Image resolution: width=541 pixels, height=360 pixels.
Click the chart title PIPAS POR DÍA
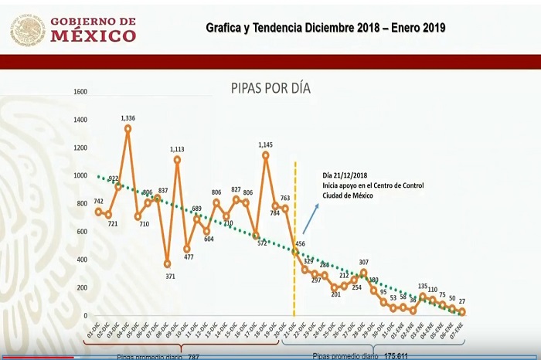tap(270, 89)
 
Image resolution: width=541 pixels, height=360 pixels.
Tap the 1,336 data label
tap(128, 118)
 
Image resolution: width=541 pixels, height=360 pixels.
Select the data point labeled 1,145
tap(266, 155)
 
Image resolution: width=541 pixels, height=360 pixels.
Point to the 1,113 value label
tap(178, 149)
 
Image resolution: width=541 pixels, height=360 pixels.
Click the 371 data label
tap(170, 276)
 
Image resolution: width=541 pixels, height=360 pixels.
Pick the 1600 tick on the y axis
tap(80, 92)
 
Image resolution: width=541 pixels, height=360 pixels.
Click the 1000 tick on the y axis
tap(80, 175)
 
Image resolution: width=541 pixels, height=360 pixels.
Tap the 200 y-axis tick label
tap(82, 287)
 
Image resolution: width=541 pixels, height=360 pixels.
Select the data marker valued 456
tap(295, 251)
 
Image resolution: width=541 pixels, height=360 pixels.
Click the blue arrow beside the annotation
tap(310, 219)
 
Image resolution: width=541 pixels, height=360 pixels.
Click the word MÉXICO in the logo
tap(93, 36)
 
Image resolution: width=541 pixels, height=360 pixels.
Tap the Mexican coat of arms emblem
tap(28, 29)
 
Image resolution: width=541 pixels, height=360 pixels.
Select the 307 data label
tap(364, 262)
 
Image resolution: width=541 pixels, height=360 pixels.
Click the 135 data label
tap(423, 286)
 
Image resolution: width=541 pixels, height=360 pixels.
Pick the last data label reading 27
tap(462, 302)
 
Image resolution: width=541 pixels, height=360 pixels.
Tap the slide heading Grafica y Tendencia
tap(325, 28)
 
